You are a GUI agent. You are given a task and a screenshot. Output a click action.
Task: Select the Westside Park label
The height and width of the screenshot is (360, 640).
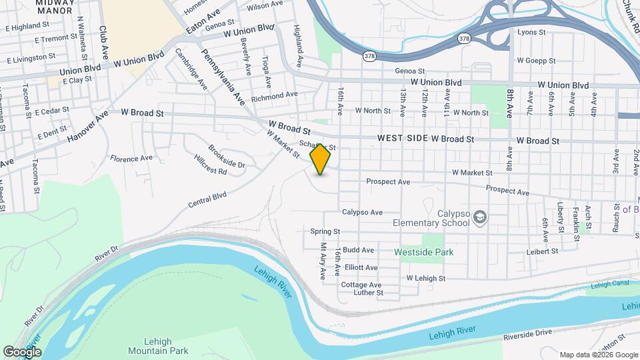[x=423, y=253]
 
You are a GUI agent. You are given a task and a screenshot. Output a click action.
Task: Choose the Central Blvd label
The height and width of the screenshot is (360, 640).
[x=209, y=199]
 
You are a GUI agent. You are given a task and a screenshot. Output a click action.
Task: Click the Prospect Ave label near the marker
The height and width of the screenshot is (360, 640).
[x=388, y=181]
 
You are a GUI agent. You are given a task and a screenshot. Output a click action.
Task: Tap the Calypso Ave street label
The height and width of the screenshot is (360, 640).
[x=362, y=213]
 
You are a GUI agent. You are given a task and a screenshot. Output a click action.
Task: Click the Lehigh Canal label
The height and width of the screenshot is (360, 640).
[x=609, y=285]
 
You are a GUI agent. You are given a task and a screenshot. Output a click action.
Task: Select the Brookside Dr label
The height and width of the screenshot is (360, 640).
[x=227, y=157]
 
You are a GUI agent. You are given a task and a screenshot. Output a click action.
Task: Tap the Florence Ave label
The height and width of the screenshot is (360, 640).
[x=131, y=159]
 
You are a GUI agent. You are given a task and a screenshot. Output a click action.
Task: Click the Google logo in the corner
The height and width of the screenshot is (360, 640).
[x=22, y=351]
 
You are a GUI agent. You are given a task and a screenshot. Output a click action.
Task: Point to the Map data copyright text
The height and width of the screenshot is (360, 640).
[x=598, y=355]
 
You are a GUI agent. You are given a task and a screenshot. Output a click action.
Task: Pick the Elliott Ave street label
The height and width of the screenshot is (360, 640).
[x=361, y=267]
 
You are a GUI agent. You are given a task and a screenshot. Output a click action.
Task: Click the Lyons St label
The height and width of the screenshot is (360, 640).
[x=531, y=32]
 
